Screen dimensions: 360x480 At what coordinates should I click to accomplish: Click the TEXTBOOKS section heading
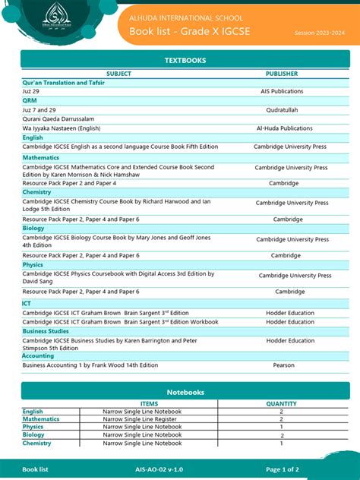point(185,60)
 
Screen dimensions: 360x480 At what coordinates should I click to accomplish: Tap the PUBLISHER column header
point(281,74)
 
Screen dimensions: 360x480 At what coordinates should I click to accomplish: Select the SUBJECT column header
point(118,74)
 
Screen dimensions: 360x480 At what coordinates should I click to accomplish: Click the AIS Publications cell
point(281,91)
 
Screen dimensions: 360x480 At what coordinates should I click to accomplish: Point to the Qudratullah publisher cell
point(281,109)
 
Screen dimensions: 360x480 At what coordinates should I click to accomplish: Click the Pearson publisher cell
point(283,365)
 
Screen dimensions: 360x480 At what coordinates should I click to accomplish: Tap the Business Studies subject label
point(45,331)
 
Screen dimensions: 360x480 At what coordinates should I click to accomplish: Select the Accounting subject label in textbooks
point(38,355)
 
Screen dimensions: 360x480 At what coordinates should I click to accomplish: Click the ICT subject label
point(27,303)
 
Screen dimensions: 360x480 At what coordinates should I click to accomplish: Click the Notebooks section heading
point(185,392)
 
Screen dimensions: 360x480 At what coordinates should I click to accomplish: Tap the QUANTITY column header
point(281,404)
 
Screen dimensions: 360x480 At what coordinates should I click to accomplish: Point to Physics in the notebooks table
point(33,427)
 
